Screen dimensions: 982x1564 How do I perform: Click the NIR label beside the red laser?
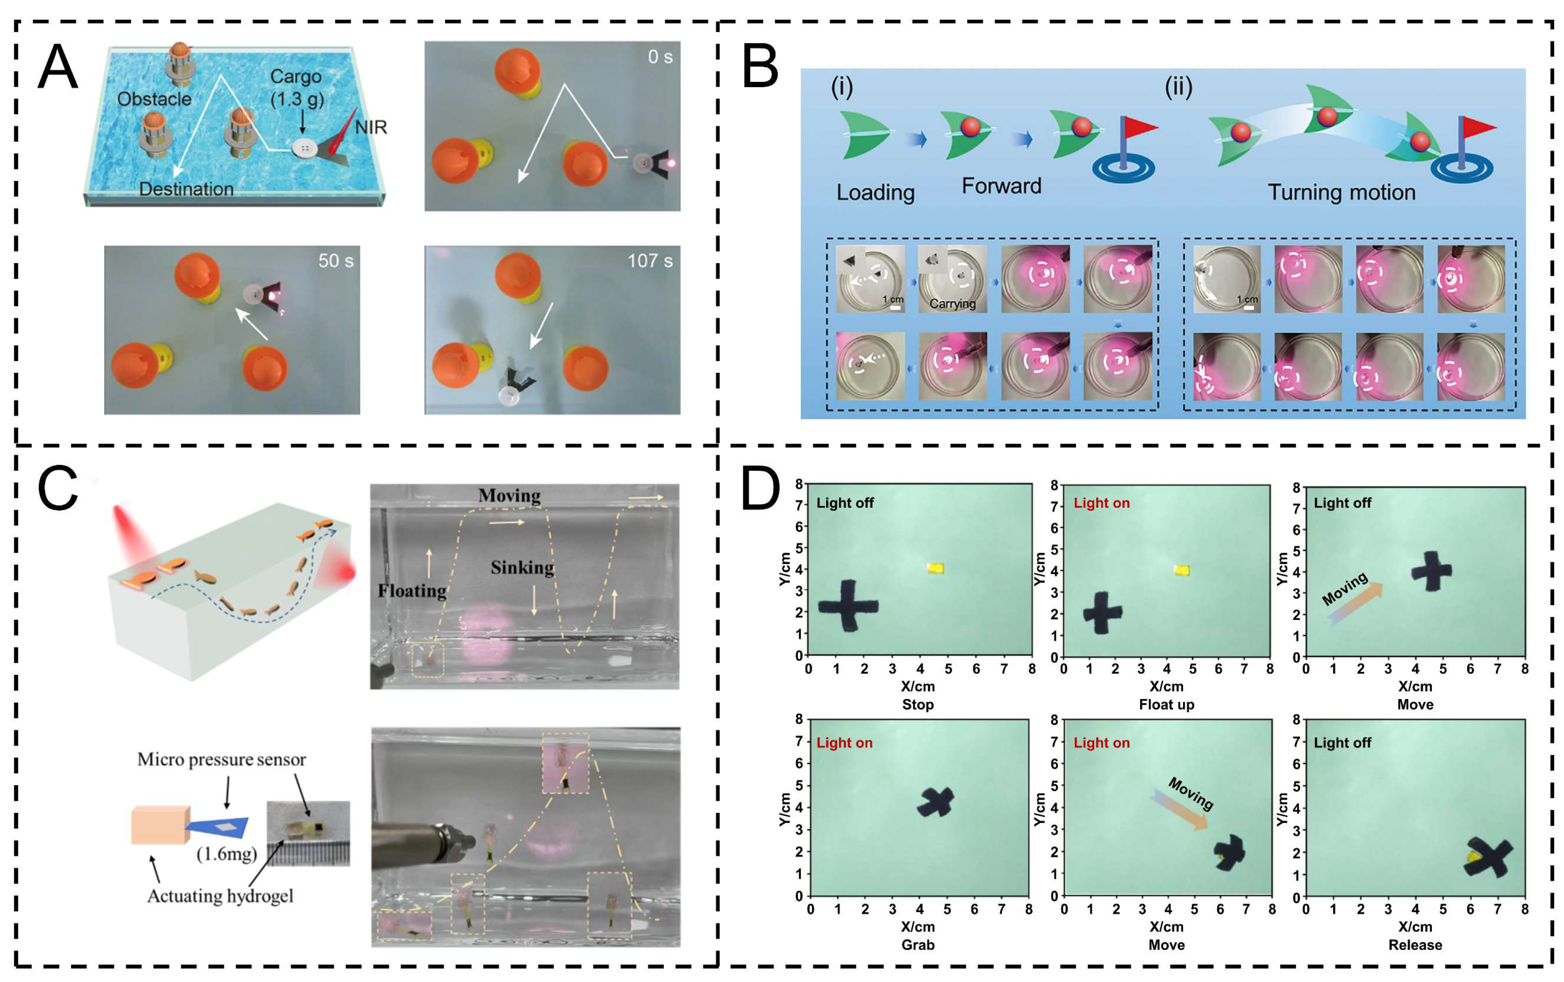pyautogui.click(x=371, y=127)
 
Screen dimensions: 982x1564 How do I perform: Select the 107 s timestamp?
pyautogui.click(x=649, y=261)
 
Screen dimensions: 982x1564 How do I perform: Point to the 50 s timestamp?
pyautogui.click(x=336, y=261)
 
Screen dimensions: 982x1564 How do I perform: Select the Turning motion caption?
pyautogui.click(x=1341, y=192)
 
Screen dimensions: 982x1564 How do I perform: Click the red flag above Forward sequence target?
pyautogui.click(x=1139, y=127)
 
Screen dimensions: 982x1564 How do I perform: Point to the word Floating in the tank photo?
pyautogui.click(x=412, y=591)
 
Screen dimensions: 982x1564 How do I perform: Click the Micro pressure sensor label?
pyautogui.click(x=221, y=759)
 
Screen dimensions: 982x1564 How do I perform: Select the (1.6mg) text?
pyautogui.click(x=227, y=853)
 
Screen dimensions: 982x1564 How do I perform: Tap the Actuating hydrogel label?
pyautogui.click(x=220, y=896)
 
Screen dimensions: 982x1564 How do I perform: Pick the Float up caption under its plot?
pyautogui.click(x=1166, y=705)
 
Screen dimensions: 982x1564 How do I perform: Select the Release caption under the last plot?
pyautogui.click(x=1414, y=945)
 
